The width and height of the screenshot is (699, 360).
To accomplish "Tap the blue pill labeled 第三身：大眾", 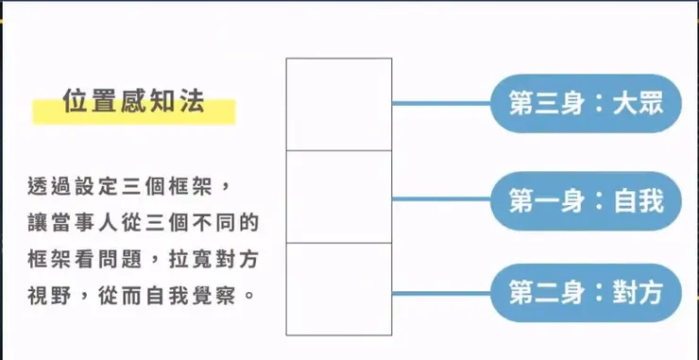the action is (x=586, y=102).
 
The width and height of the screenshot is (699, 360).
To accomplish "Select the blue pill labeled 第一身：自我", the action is (x=586, y=200).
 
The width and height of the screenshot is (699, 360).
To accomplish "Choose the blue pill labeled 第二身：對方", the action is (x=586, y=293).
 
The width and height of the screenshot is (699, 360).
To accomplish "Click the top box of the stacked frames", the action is (x=339, y=104).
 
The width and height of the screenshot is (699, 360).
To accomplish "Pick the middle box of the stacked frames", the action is (x=339, y=197).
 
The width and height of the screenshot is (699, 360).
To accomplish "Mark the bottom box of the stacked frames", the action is (x=339, y=289).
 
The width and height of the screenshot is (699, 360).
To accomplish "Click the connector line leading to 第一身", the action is (x=440, y=199).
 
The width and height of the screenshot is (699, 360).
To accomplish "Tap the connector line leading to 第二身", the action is (x=440, y=293).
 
